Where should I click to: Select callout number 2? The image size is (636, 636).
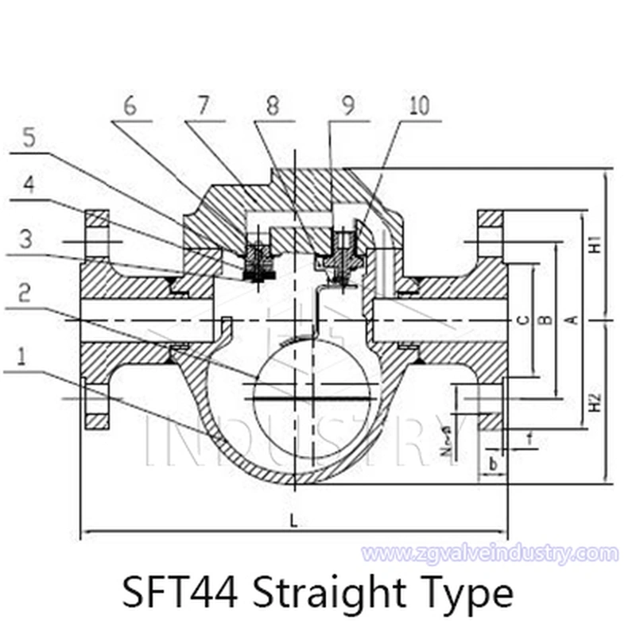(26, 293)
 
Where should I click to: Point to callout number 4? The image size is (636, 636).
(28, 185)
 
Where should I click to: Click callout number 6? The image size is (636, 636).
(130, 107)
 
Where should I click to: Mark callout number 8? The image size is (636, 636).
(273, 107)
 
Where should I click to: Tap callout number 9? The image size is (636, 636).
(347, 107)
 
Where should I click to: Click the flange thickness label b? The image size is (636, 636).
(493, 462)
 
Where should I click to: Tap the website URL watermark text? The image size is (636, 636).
(489, 553)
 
